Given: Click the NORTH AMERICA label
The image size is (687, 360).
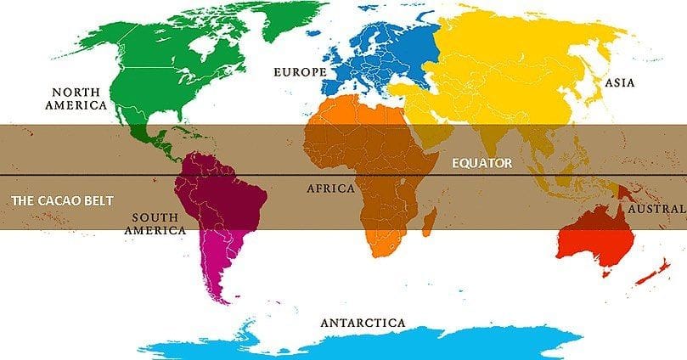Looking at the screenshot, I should click(79, 98).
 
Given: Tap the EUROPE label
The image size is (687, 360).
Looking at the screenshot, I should click(299, 72).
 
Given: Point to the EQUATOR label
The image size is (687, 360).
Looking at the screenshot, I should click(481, 163).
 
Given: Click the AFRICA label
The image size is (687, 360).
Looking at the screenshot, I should click(330, 188).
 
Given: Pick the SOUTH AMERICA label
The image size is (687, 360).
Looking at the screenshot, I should click(155, 222).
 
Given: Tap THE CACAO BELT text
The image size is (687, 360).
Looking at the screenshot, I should click(60, 200).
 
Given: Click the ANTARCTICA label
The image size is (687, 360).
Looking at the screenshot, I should click(363, 323).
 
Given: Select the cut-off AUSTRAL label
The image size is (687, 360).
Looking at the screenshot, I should click(656, 208).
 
